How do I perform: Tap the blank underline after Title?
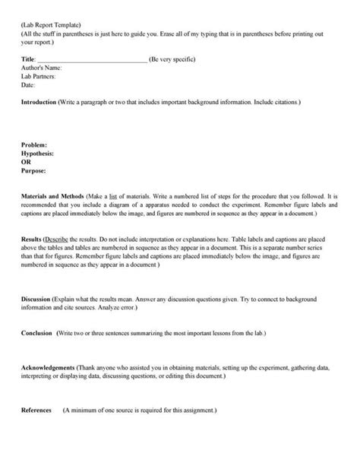pyautogui.click(x=92, y=59)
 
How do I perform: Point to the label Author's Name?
pyautogui.click(x=41, y=68)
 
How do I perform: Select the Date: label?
pyautogui.click(x=28, y=84)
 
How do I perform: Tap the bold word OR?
pyautogui.click(x=27, y=161)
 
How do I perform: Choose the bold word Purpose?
pyautogui.click(x=36, y=170)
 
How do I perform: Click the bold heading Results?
pyautogui.click(x=32, y=239)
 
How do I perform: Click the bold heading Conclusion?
pyautogui.click(x=37, y=334)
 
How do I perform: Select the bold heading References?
pyautogui.click(x=36, y=410)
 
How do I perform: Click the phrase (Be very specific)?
pyautogui.click(x=175, y=59)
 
